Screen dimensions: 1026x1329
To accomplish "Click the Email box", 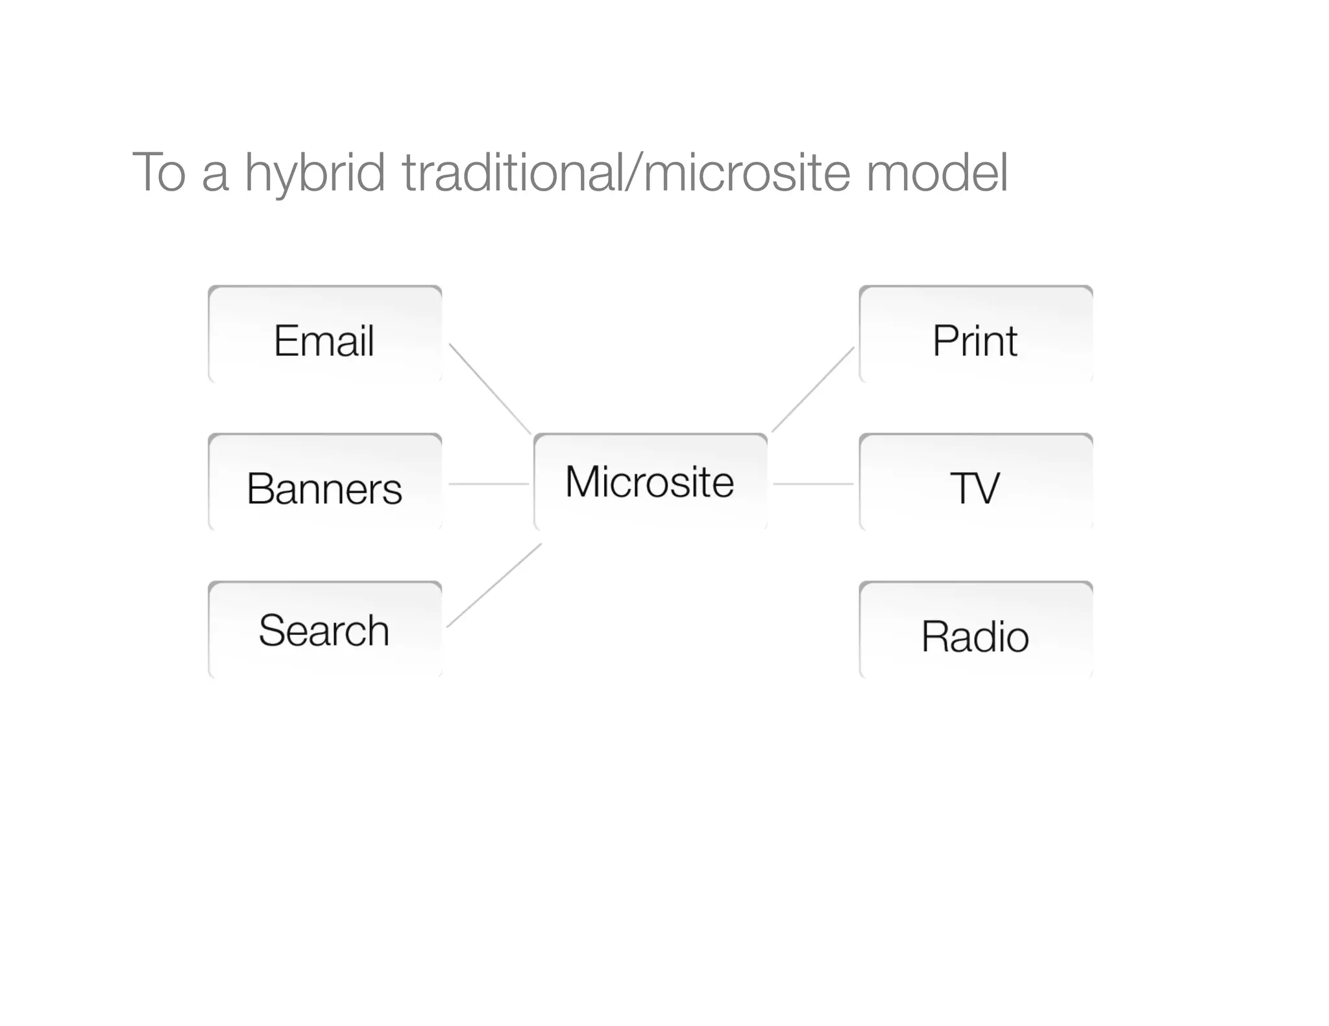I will point(324,335).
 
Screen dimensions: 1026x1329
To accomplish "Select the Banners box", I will point(324,483).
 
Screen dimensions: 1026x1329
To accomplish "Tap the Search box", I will point(324,630).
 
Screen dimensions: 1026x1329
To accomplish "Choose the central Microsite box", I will point(650,482).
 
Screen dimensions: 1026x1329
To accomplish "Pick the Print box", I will point(975,335).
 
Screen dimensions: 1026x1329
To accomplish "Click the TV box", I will point(975,483).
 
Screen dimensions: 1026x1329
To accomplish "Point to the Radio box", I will point(975,630).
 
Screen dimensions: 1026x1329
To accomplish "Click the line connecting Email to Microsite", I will point(490,388).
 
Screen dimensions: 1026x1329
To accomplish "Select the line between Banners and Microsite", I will point(489,484).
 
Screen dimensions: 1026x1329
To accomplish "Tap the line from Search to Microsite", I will point(494,585).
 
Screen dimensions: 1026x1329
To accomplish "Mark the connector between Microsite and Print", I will point(813,389).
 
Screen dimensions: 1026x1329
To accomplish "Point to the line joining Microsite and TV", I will point(813,484).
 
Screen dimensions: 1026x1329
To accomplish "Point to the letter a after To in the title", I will point(215,176).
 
